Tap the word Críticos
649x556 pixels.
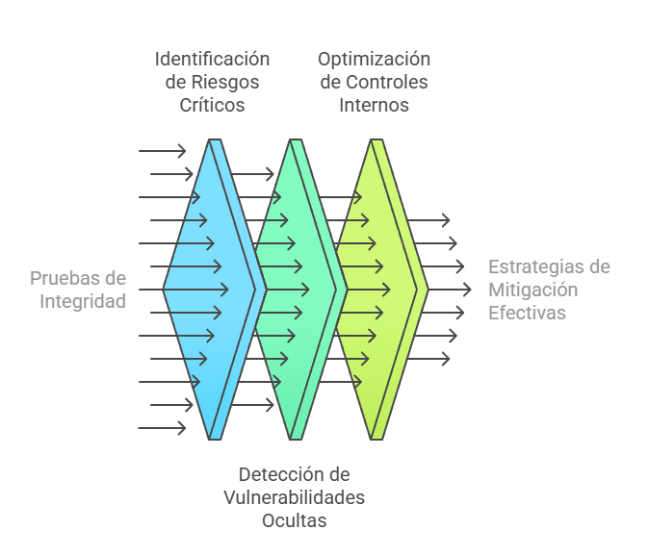[212, 105]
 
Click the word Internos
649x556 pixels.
[374, 105]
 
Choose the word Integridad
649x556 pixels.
[83, 301]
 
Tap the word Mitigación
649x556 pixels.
[532, 290]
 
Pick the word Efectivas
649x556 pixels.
[527, 313]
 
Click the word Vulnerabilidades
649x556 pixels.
[294, 497]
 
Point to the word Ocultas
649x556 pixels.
[294, 520]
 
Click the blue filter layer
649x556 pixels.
[197, 289]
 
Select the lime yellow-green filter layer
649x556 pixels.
[371, 289]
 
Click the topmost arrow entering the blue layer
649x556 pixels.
[162, 151]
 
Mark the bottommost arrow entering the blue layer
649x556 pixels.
[162, 428]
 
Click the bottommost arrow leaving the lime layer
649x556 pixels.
[428, 359]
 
